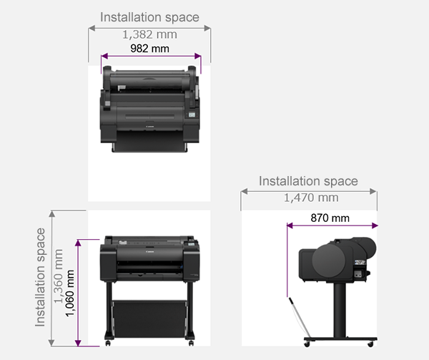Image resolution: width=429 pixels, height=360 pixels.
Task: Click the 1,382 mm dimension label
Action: tap(149, 35)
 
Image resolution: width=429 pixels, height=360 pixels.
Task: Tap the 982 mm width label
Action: tap(149, 49)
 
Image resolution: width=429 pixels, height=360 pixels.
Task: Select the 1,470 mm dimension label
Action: tap(311, 198)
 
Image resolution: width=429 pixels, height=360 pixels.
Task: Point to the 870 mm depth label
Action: tap(330, 218)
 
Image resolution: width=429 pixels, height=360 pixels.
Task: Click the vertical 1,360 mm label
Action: tap(59, 276)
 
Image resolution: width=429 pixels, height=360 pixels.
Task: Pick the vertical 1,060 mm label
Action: tap(69, 293)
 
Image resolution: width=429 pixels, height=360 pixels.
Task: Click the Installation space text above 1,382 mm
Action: tap(149, 17)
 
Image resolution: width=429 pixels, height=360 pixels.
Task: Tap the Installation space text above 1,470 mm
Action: tap(308, 181)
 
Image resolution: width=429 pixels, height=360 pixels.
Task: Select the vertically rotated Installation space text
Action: tap(40, 277)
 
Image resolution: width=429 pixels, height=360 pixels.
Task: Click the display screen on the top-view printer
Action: tap(192, 115)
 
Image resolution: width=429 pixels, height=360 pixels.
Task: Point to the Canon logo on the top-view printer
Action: tap(150, 127)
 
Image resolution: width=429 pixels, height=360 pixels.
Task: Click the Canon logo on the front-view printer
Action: tap(150, 251)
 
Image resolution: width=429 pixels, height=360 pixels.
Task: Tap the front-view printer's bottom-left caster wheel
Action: tap(108, 343)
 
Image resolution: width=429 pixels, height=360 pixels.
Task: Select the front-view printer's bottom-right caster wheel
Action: tap(191, 343)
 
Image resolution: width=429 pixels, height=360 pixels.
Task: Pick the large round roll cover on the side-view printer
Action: tap(329, 261)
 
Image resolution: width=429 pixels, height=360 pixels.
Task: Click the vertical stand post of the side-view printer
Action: tap(340, 310)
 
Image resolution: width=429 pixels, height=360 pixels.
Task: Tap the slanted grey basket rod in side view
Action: tap(300, 318)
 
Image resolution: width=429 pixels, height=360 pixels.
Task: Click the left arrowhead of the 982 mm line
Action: tap(104, 56)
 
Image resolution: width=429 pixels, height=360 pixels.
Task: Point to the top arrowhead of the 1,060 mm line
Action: tap(78, 243)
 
